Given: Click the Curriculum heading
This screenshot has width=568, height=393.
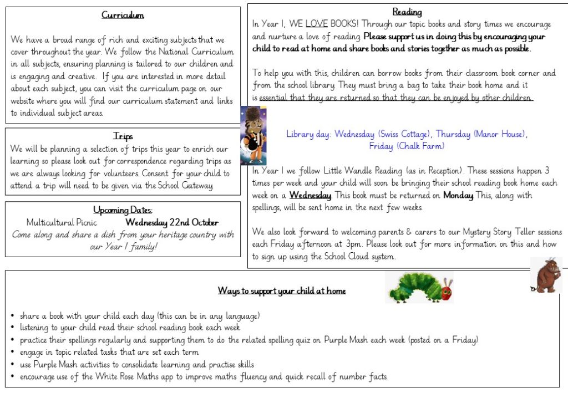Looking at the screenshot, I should click(123, 15).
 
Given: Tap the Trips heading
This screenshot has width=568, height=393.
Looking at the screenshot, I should click(123, 136).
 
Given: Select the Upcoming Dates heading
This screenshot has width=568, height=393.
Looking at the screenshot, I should click(123, 210).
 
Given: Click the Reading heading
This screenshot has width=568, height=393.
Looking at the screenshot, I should click(407, 12).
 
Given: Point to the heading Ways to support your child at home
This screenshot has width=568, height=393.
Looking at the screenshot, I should click(282, 291).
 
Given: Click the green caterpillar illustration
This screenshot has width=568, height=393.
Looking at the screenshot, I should click(420, 288).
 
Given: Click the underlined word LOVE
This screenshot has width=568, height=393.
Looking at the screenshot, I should click(317, 24).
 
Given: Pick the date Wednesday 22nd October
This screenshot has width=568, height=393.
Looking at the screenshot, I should click(172, 222).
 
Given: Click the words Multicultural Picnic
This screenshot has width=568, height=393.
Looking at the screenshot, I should click(62, 222).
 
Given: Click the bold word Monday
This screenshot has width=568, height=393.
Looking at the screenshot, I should click(458, 195).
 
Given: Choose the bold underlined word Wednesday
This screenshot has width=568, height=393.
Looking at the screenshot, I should click(310, 195).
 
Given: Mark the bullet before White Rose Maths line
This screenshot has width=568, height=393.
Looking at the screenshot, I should click(12, 377).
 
